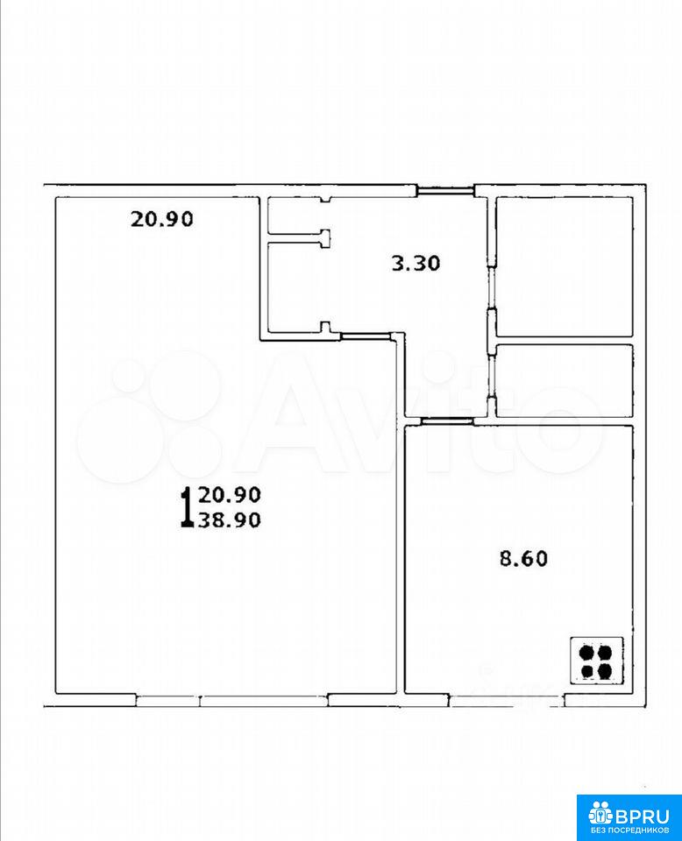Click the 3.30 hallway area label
[x=416, y=264]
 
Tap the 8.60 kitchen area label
[x=523, y=559]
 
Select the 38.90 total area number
[x=230, y=519]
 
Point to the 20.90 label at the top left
[x=162, y=219]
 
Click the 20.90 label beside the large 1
[x=230, y=494]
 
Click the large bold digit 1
[x=187, y=507]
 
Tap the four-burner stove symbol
[x=597, y=661]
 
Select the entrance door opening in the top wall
[x=445, y=190]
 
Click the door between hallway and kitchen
[x=447, y=421]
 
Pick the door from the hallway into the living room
[x=366, y=336]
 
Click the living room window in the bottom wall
[x=231, y=700]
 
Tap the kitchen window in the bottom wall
[x=507, y=700]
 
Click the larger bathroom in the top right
[x=564, y=267]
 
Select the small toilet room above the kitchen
[x=564, y=380]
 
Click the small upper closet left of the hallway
[x=295, y=216]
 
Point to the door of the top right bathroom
[x=491, y=288]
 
